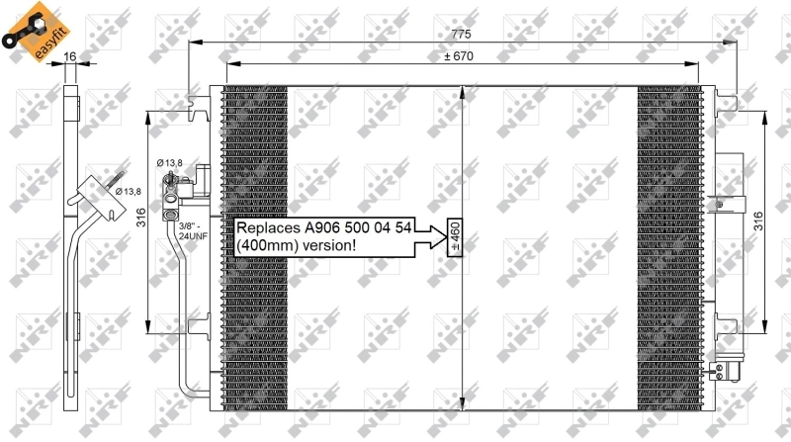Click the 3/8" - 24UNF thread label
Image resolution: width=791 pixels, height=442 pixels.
point(192,232)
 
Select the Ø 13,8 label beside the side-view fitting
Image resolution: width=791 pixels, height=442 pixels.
point(128,191)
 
